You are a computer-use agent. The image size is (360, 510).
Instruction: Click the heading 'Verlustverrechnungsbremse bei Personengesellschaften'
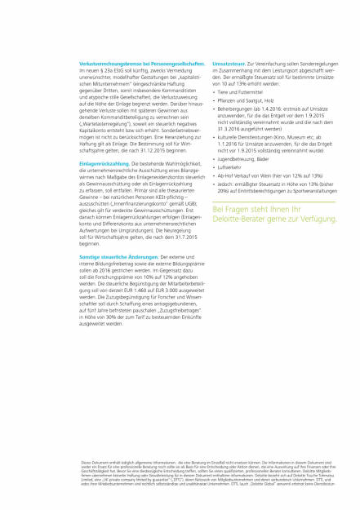[x=142, y=63]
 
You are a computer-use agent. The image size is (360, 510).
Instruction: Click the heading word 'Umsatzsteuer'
[x=229, y=63]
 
